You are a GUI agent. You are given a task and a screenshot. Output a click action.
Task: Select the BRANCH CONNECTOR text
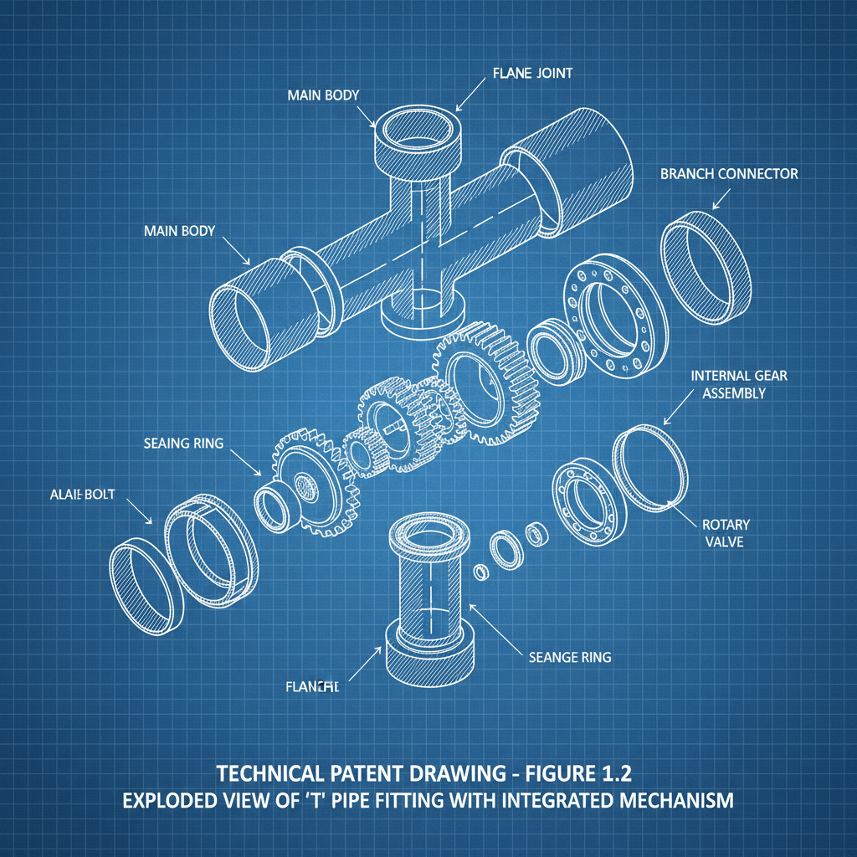click(x=729, y=174)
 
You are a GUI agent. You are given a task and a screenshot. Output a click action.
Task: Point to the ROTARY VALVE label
click(x=726, y=533)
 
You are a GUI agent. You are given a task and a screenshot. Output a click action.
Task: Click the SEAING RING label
click(x=183, y=443)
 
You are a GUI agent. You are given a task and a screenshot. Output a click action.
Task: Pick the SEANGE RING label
click(x=570, y=657)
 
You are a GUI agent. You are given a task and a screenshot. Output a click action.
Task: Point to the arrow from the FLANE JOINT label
click(x=470, y=94)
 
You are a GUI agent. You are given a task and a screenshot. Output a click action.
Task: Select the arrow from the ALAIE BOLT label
click(x=140, y=511)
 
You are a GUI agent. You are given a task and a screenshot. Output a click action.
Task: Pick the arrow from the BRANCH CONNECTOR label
click(x=721, y=198)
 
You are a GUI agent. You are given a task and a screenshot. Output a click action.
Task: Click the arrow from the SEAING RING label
click(x=245, y=462)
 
